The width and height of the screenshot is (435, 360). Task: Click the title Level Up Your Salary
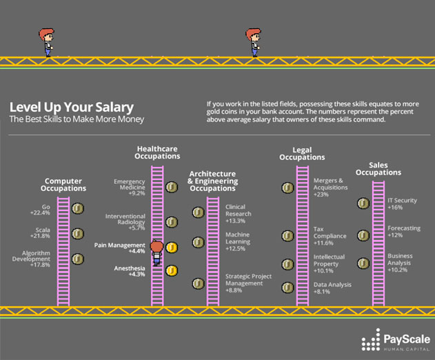click(x=72, y=107)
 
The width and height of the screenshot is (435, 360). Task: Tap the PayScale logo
click(x=396, y=340)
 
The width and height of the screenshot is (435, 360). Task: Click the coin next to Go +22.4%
click(x=78, y=208)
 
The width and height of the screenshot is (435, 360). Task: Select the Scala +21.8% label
click(x=40, y=233)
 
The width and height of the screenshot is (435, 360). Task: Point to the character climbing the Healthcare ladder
click(x=156, y=252)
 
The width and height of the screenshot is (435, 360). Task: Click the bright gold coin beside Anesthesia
click(x=172, y=270)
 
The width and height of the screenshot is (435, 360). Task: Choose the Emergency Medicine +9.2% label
click(x=130, y=187)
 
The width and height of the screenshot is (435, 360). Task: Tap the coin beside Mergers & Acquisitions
click(x=287, y=188)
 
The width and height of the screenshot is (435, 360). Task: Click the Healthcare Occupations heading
click(x=157, y=152)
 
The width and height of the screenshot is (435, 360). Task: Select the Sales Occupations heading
click(x=378, y=169)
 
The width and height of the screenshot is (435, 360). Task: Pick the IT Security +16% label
click(x=402, y=203)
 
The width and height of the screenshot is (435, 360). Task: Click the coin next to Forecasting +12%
click(x=363, y=236)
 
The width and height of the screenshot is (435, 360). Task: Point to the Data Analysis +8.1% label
click(x=332, y=288)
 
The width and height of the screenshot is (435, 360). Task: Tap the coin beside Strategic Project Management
click(x=199, y=283)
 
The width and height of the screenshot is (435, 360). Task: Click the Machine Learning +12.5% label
click(x=238, y=241)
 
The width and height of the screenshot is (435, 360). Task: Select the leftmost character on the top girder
click(x=47, y=42)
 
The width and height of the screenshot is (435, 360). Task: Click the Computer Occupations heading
click(x=63, y=185)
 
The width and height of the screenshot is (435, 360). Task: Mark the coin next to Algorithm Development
click(x=78, y=259)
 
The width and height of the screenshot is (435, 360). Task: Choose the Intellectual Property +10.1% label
click(x=329, y=263)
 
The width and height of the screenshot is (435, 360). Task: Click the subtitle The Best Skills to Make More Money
click(x=77, y=119)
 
